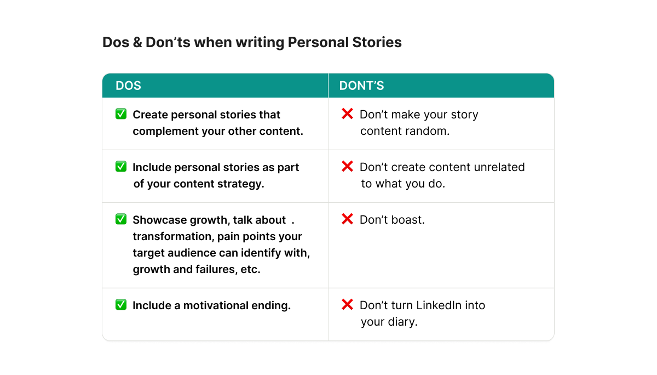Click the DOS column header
[128, 86]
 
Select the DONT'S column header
[361, 86]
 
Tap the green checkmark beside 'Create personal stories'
[121, 114]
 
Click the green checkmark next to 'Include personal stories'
[121, 167]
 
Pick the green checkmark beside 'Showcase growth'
[121, 219]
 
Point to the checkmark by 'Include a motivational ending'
[121, 305]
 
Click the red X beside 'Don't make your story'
[347, 114]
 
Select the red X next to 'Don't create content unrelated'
[347, 167]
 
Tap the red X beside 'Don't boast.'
[347, 219]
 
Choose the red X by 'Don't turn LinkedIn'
[347, 305]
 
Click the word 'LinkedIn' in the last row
[439, 305]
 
